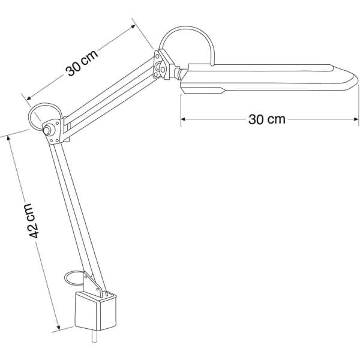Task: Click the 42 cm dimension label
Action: tap(32, 221)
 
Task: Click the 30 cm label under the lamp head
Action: tap(267, 119)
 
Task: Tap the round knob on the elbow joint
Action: tap(47, 131)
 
